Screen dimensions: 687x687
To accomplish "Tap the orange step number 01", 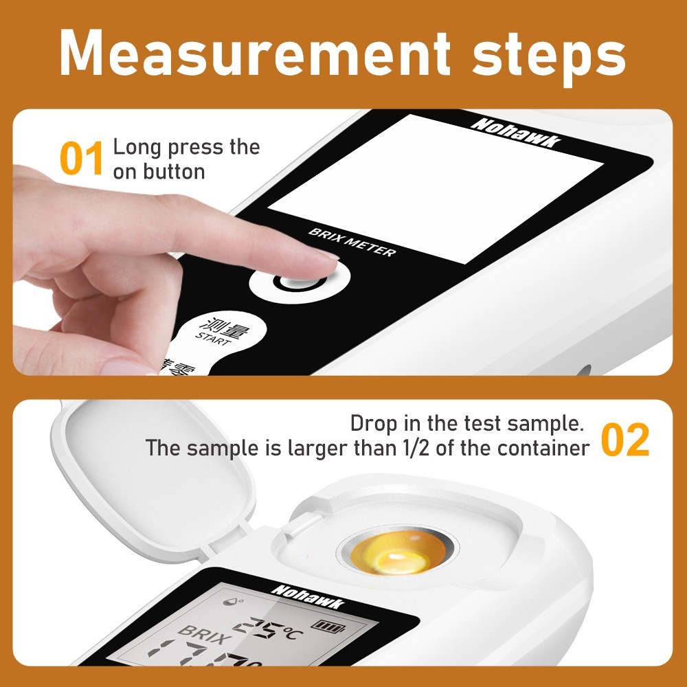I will [82, 159].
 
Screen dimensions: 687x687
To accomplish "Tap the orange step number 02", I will [625, 441].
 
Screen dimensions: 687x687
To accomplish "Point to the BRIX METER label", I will [352, 242].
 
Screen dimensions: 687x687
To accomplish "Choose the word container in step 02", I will [543, 449].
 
